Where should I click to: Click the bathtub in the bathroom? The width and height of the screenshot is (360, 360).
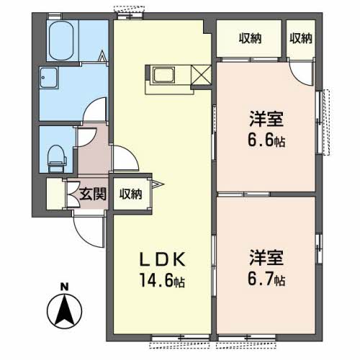coord(61,40)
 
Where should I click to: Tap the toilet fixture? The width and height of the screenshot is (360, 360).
coord(58,158)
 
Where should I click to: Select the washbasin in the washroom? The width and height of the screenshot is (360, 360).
coord(49,78)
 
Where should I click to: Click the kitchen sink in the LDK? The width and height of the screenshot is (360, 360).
coord(163,75)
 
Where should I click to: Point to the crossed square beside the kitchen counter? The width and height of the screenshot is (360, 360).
coord(201,75)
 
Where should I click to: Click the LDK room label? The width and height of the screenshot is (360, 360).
coord(163,259)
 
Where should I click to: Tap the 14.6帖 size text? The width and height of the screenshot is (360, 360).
coord(163,280)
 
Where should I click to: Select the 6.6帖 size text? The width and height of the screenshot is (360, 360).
coord(266,140)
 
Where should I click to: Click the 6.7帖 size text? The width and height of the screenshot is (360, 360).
coord(266,279)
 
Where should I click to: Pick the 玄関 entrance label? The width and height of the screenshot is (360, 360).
coord(93,194)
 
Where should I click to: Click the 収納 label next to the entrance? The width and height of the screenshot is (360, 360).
coord(131,194)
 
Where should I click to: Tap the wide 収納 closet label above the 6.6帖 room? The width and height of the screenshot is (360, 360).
coord(250,38)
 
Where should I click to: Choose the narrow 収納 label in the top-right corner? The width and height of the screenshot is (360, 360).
coord(301,38)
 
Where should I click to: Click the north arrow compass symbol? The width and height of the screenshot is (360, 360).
coord(64,311)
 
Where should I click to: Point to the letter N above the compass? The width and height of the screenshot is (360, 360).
coord(64,287)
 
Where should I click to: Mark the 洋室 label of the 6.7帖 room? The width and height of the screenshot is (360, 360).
coord(266,258)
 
